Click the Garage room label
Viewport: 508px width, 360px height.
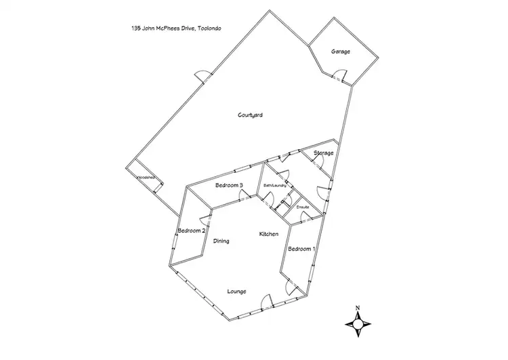click(x=341, y=52)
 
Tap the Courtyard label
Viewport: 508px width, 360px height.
click(x=250, y=115)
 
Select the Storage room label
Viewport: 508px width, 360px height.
click(x=323, y=153)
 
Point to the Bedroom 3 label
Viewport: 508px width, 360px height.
click(x=229, y=185)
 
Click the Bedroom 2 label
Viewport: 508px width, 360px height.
click(x=191, y=231)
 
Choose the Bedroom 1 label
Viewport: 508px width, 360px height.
click(x=301, y=249)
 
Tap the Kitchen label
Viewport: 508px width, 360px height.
click(x=269, y=234)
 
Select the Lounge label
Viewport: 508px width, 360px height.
click(x=236, y=292)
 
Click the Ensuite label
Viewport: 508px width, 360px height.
click(x=303, y=206)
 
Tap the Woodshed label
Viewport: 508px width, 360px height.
click(x=146, y=178)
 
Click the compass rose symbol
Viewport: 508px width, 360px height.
click(x=357, y=326)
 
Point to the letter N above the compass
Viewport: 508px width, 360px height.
click(x=357, y=308)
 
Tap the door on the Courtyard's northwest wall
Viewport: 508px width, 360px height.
click(x=201, y=76)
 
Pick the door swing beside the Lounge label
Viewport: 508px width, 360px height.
click(x=266, y=300)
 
